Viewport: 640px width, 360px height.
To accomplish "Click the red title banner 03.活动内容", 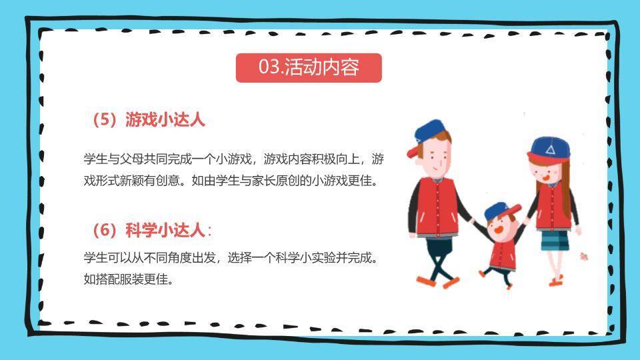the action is pos(309,68).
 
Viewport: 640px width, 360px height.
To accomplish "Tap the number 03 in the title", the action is pos(268,67).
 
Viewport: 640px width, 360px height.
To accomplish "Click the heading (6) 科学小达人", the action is pos(148,230).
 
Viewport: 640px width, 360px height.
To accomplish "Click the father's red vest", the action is pos(437,207).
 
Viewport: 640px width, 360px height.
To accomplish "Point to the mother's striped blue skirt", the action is pos(555,240).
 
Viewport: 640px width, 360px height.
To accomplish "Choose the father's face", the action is pos(435,158).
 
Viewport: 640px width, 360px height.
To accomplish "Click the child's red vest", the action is pos(502,254).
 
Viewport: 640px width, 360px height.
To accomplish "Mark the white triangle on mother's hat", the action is pos(550,150).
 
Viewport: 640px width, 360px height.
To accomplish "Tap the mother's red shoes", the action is pos(556,281).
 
